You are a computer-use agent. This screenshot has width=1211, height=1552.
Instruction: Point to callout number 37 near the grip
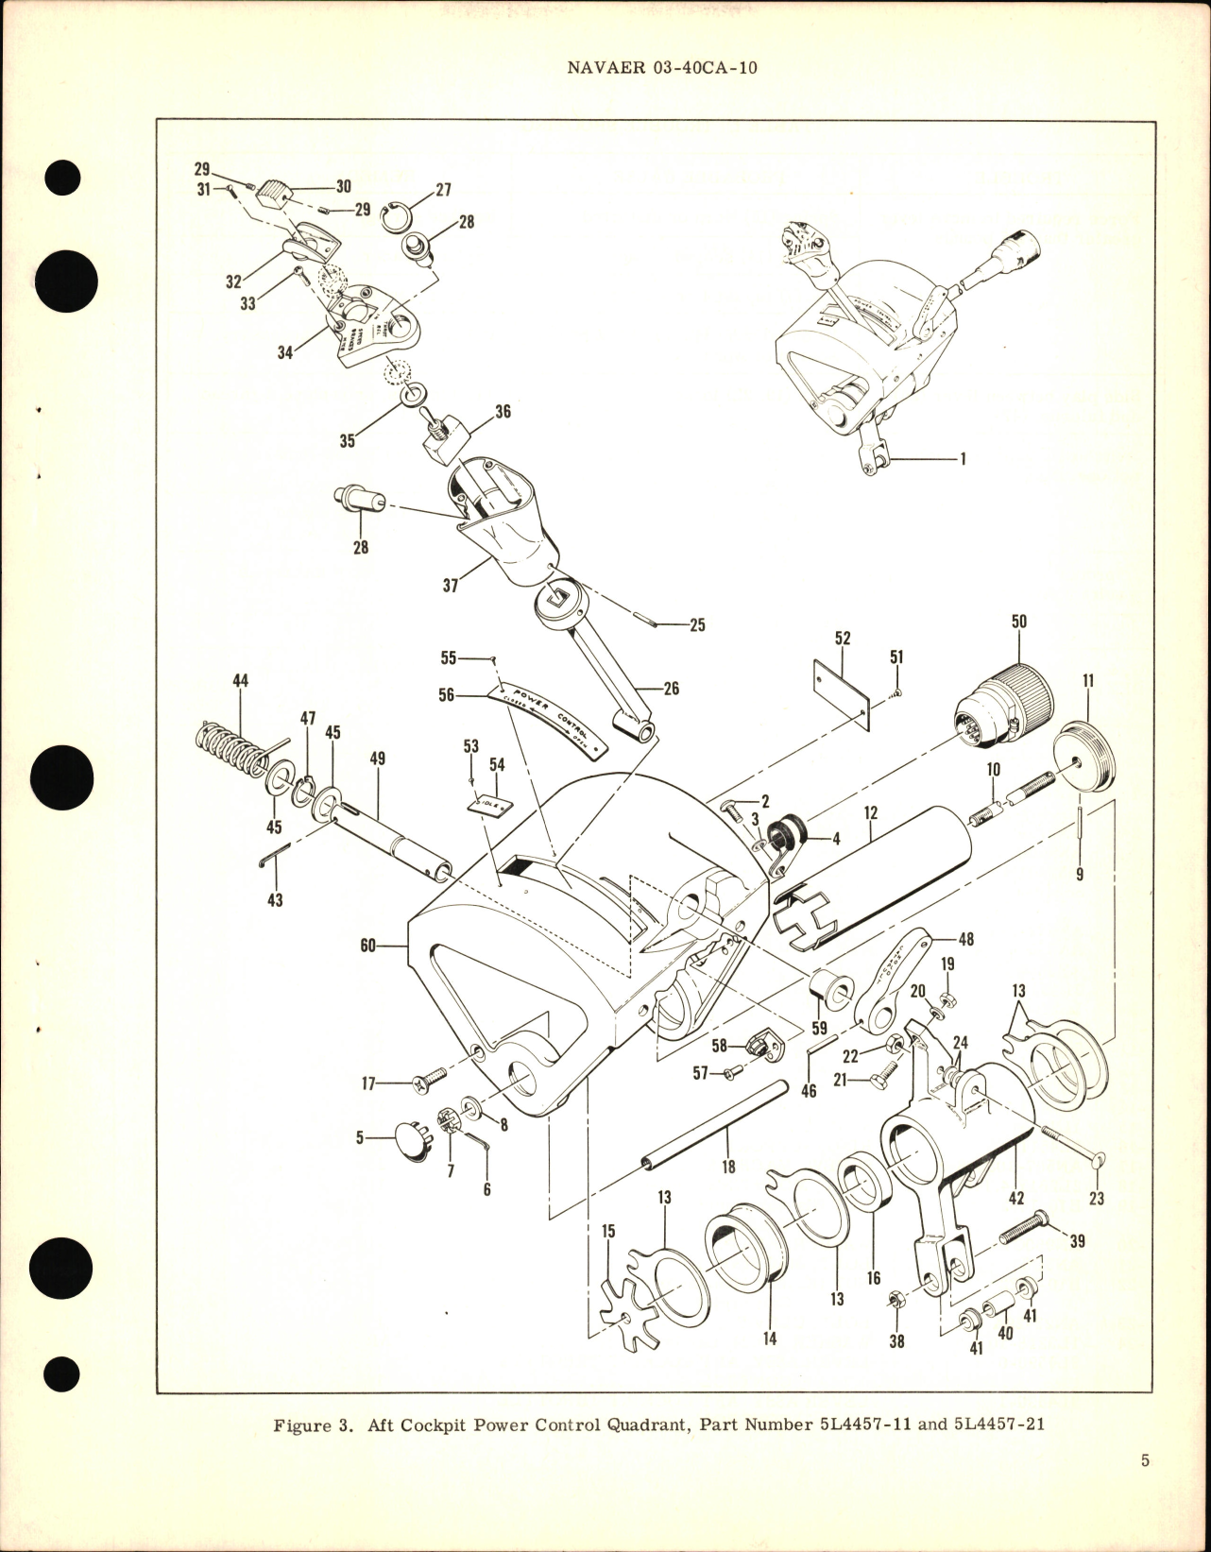pos(450,586)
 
